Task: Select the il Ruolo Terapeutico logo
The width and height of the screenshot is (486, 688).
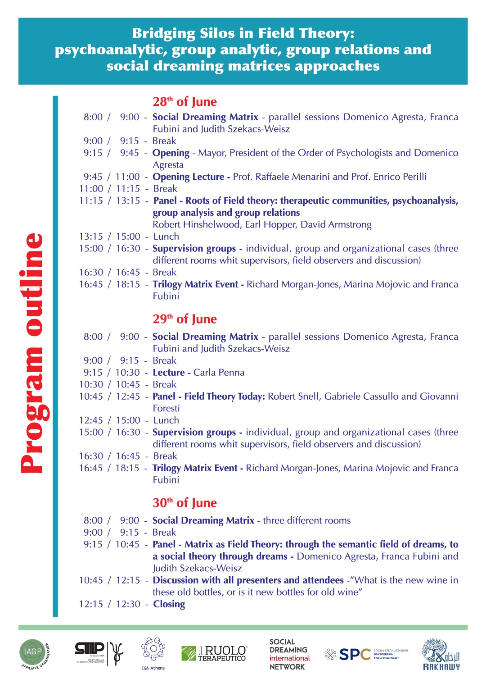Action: tap(214, 653)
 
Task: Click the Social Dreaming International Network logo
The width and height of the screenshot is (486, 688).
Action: tap(289, 654)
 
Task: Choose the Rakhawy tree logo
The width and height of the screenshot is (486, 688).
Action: tap(441, 654)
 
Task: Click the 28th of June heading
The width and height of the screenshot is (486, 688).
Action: tap(184, 102)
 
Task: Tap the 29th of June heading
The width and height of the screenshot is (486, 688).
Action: tap(184, 319)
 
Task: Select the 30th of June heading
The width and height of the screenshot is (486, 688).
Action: tap(184, 503)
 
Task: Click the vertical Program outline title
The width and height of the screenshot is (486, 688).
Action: tap(32, 353)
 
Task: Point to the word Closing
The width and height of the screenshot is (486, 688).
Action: tap(169, 604)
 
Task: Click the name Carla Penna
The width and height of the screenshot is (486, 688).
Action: tap(219, 373)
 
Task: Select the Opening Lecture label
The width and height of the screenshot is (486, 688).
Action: tap(189, 177)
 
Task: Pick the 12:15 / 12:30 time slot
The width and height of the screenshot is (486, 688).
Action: tap(109, 604)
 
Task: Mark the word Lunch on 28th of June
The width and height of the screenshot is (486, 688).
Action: tap(166, 237)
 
